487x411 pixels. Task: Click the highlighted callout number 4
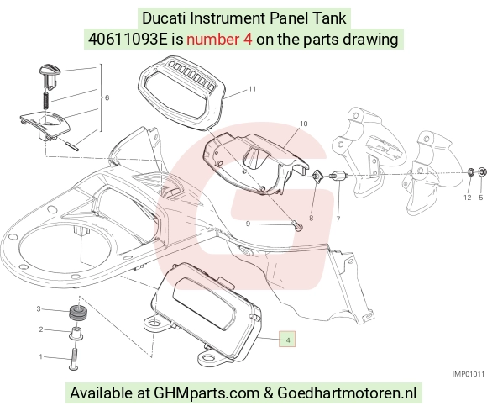[x=288, y=340]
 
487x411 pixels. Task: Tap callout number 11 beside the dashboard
[x=252, y=89]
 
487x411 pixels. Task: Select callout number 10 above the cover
[x=303, y=124]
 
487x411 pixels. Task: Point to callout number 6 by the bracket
[x=107, y=98]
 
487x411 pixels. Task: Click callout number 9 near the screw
[x=248, y=224]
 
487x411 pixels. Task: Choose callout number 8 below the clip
[x=312, y=219]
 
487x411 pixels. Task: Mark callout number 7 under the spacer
[x=338, y=219]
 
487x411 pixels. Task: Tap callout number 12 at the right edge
[x=468, y=198]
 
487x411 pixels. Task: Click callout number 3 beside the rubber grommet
[x=39, y=308]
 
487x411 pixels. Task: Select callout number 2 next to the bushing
[x=41, y=329]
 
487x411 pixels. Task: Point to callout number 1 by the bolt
[x=40, y=356]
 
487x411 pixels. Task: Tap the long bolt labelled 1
[x=74, y=358]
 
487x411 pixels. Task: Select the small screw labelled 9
[x=297, y=225]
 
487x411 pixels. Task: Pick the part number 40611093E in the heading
[x=128, y=40]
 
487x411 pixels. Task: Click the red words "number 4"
[x=219, y=40]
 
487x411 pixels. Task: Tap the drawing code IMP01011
[x=468, y=374]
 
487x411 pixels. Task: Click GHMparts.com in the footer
[x=207, y=393]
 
